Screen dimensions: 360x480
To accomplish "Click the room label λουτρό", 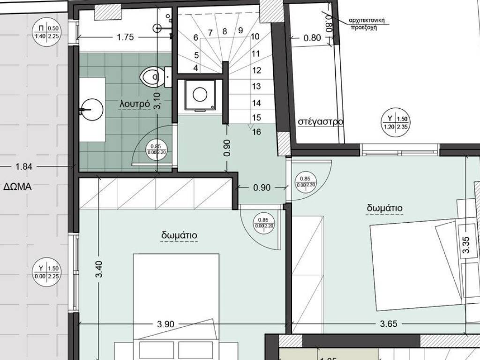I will point(135,104).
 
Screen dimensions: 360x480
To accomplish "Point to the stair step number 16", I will point(256,132).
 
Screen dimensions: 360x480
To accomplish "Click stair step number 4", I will point(195,68).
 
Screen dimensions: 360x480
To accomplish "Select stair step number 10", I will point(255,37).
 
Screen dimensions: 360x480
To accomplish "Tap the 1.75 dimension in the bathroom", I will point(126,38).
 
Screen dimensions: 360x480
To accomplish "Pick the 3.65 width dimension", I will point(388,324).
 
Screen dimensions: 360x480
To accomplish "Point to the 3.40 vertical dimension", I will point(99,269).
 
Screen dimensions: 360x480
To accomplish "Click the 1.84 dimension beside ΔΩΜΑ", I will point(23,166).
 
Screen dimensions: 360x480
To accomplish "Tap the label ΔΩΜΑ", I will point(17,186).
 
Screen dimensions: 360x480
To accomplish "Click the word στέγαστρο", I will point(321,122).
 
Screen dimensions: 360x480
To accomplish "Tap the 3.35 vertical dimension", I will point(465,245).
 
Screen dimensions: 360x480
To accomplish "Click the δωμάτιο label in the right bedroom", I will point(384,208).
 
